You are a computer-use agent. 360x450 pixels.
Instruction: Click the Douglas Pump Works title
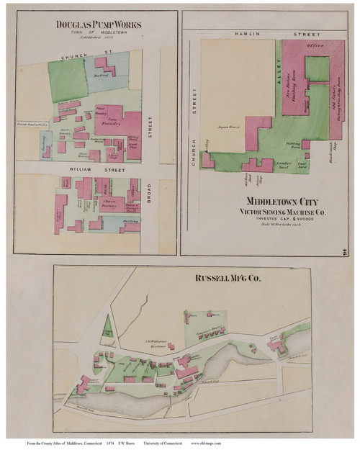(x=99, y=24)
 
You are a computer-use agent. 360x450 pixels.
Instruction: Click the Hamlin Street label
(x=270, y=33)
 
